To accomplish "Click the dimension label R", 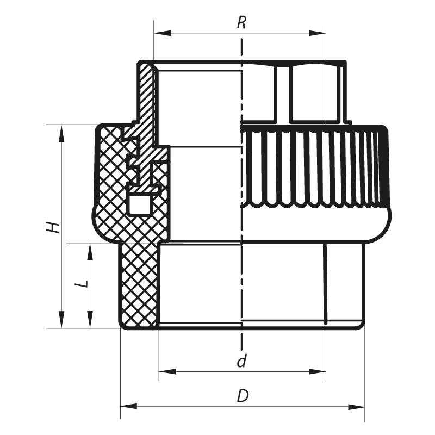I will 242,23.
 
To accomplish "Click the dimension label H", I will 52,226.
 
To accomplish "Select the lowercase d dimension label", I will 243,361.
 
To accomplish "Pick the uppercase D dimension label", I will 243,396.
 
